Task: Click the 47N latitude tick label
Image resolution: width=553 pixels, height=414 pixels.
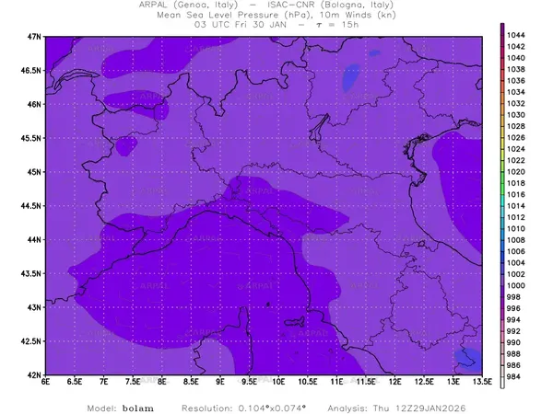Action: click(x=35, y=36)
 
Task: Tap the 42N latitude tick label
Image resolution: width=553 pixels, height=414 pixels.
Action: click(x=35, y=375)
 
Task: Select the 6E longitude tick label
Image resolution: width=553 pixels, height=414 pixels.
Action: click(x=46, y=383)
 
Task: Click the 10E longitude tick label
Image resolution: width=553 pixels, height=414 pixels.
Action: click(x=278, y=383)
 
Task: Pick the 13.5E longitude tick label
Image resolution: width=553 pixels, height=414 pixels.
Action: click(x=481, y=383)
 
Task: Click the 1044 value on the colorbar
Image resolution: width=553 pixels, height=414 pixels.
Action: click(x=516, y=34)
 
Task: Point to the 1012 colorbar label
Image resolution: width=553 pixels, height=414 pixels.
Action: click(x=516, y=216)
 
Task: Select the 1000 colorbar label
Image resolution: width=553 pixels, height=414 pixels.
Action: click(x=516, y=285)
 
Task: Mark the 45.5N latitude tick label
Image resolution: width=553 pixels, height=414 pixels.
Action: click(x=31, y=138)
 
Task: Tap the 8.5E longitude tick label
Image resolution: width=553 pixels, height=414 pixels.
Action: click(x=191, y=383)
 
